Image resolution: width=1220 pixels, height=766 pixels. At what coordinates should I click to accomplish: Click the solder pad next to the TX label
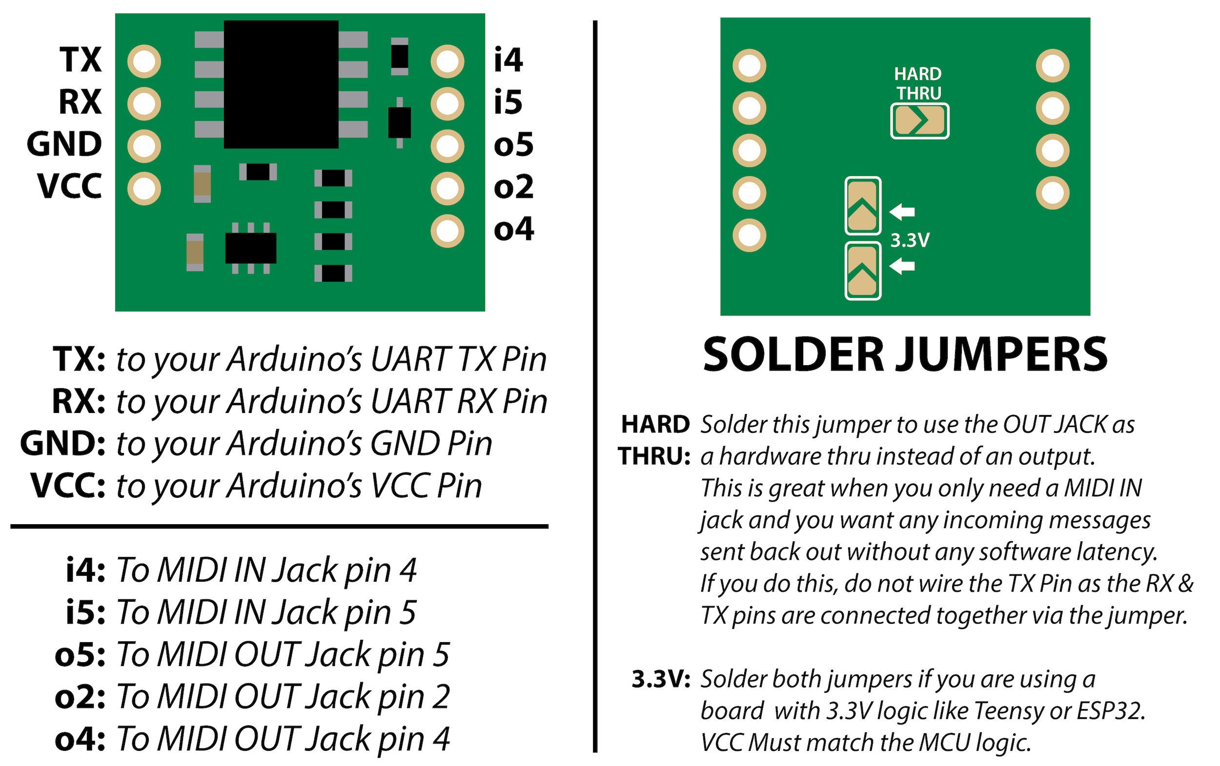click(x=144, y=62)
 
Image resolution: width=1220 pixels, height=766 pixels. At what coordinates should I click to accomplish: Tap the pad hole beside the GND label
click(x=144, y=146)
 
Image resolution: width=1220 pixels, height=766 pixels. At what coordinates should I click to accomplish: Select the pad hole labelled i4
click(x=447, y=62)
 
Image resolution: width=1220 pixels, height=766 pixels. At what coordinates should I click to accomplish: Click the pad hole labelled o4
click(x=447, y=231)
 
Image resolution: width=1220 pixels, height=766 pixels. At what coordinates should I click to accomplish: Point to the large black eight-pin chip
click(x=281, y=84)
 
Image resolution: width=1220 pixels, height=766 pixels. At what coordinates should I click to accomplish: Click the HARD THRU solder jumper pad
click(x=919, y=121)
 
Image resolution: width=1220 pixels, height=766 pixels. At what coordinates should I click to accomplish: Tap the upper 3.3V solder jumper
click(x=862, y=206)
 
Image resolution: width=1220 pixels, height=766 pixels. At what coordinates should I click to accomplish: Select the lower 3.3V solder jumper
click(x=862, y=272)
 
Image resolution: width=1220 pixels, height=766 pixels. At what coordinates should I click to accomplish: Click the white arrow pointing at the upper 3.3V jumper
click(x=902, y=212)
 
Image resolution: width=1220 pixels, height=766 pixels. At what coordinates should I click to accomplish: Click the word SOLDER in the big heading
click(x=793, y=355)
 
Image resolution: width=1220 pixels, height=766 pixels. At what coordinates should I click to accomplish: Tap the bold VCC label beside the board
click(x=69, y=186)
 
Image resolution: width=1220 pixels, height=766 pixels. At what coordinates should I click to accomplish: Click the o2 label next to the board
click(x=513, y=187)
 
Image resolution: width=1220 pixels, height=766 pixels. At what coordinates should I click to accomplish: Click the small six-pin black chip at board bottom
click(x=251, y=248)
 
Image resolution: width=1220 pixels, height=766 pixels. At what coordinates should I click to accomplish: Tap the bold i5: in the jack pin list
click(x=85, y=612)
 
